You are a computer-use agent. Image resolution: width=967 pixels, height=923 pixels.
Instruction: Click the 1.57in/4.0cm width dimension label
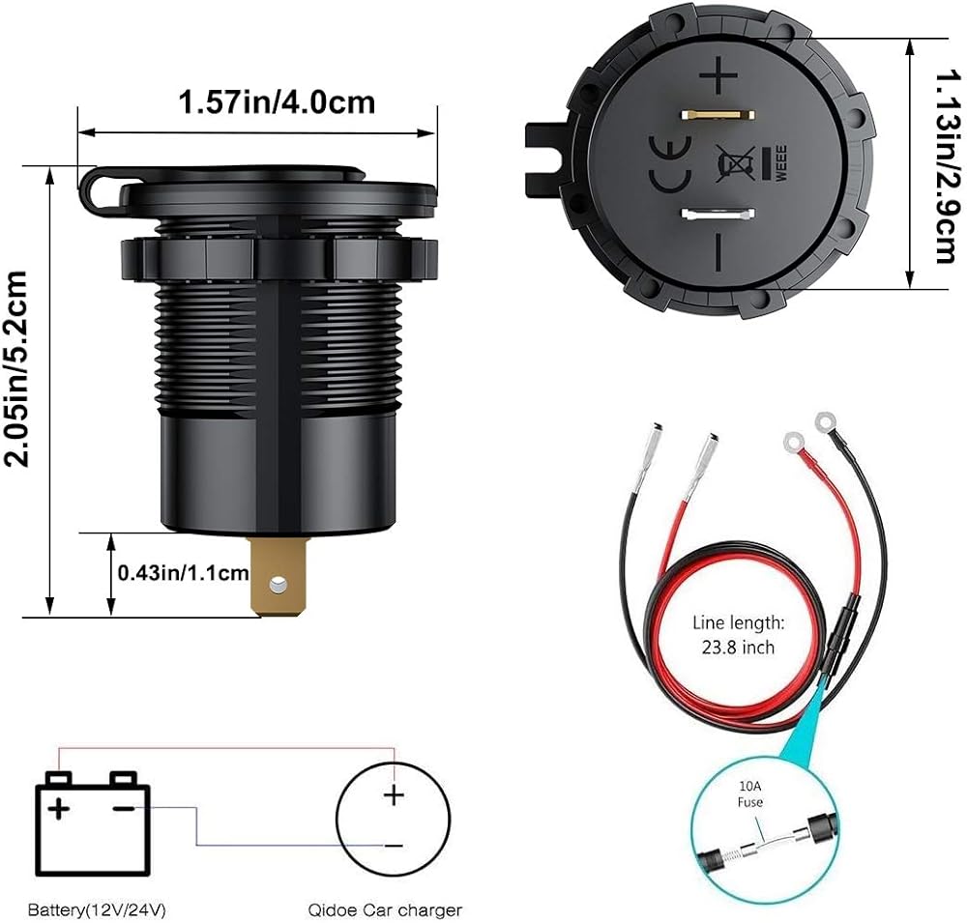click(x=277, y=101)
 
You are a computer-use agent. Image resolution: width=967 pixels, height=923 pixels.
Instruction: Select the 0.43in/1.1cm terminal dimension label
click(x=183, y=573)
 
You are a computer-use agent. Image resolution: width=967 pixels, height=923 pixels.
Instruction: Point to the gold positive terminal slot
click(x=717, y=115)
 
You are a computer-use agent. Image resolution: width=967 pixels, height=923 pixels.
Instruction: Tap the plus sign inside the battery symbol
click(x=61, y=807)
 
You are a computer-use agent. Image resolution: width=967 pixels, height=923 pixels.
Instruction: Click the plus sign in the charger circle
click(x=393, y=794)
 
